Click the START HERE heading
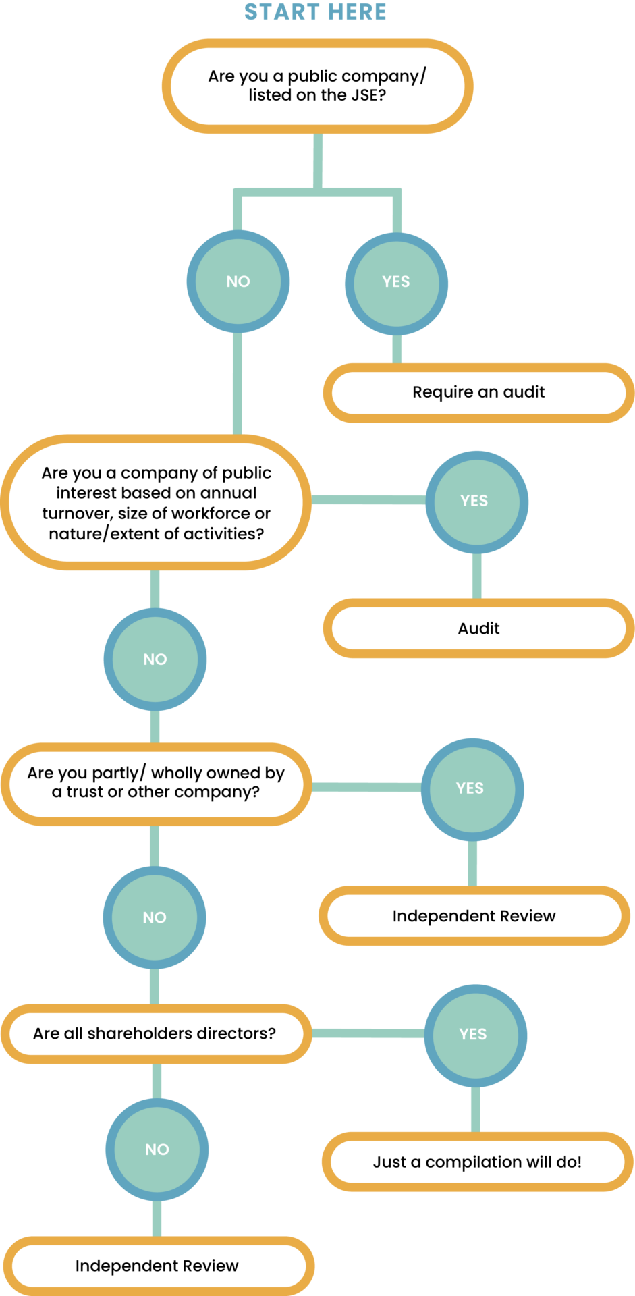(x=315, y=12)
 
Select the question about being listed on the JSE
(x=316, y=86)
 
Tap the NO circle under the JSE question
(x=238, y=281)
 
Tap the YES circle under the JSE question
(x=396, y=282)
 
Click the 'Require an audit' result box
(x=478, y=393)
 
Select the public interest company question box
(x=156, y=503)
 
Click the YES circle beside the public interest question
(x=474, y=501)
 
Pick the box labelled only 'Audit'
(x=478, y=628)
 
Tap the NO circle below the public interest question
(x=155, y=659)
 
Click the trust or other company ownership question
(x=156, y=783)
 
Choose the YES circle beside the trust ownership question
(x=470, y=788)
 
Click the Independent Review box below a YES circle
(x=474, y=916)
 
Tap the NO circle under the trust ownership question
(x=155, y=918)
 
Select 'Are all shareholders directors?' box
(x=155, y=1033)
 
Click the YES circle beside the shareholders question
(x=473, y=1035)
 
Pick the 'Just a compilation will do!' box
(x=477, y=1162)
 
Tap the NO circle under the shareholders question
(x=157, y=1150)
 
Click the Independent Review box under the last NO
(x=157, y=1266)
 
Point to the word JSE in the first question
(x=365, y=95)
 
